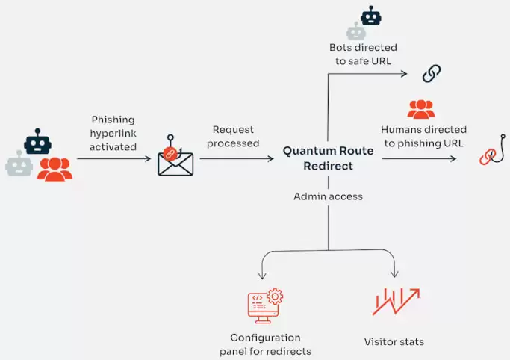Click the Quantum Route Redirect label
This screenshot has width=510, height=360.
[x=328, y=158]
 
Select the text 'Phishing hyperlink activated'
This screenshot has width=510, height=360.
[x=113, y=133]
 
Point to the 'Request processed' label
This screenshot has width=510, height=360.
[x=233, y=137]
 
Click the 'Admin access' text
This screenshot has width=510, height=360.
[x=328, y=196]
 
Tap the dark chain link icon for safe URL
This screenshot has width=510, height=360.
[x=432, y=73]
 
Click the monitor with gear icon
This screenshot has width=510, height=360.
[x=265, y=305]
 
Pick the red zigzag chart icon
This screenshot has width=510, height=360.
[x=395, y=301]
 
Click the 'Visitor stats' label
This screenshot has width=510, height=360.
[x=394, y=342]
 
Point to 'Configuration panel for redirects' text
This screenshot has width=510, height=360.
[x=265, y=344]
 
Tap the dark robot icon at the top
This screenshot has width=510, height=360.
[x=370, y=16]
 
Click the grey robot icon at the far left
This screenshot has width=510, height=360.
[x=19, y=164]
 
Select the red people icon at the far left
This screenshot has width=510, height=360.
[x=55, y=170]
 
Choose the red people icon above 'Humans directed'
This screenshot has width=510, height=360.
[x=421, y=109]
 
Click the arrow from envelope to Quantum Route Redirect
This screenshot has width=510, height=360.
[x=237, y=158]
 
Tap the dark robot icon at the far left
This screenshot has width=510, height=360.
[x=37, y=142]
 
